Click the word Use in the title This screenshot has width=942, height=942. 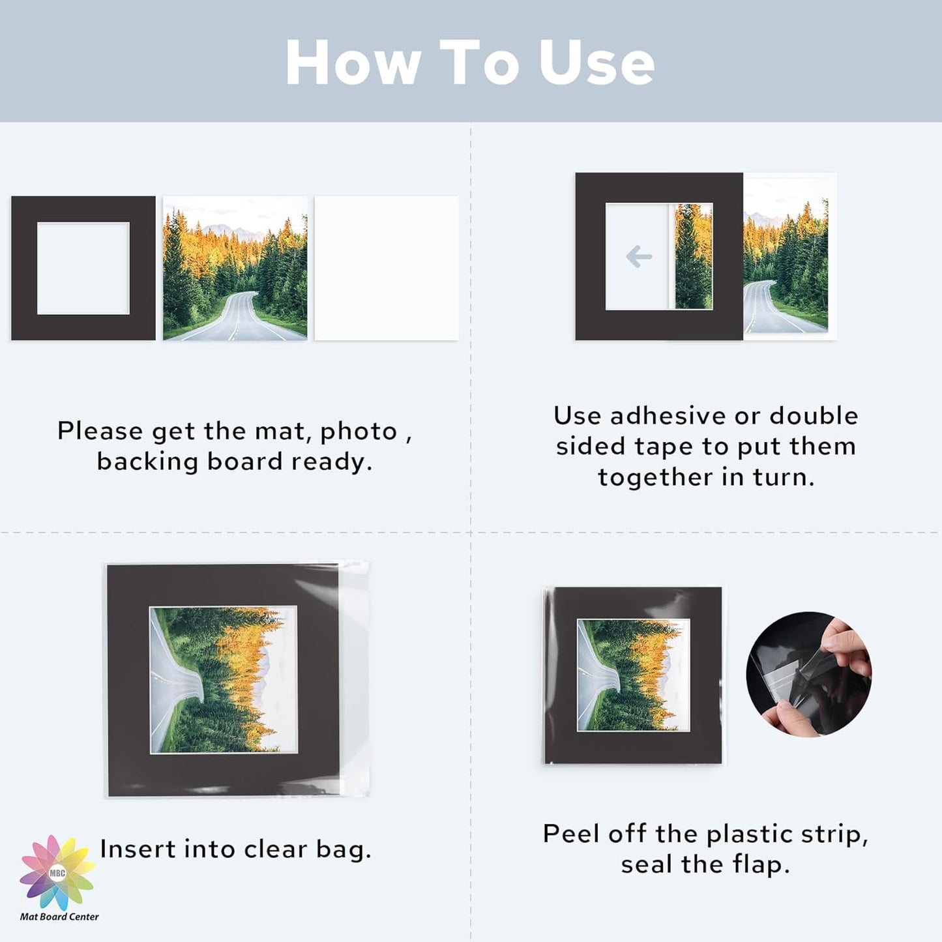596,63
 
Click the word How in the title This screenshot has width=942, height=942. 353,63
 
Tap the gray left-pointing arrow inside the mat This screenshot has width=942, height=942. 639,256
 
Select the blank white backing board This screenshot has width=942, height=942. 387,268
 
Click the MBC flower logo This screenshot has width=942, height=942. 57,872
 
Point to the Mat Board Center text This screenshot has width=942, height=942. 59,917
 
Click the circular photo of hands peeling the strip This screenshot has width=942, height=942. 808,674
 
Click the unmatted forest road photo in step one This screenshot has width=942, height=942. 235,268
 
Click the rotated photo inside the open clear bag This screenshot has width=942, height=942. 224,680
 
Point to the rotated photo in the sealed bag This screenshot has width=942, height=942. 633,675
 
